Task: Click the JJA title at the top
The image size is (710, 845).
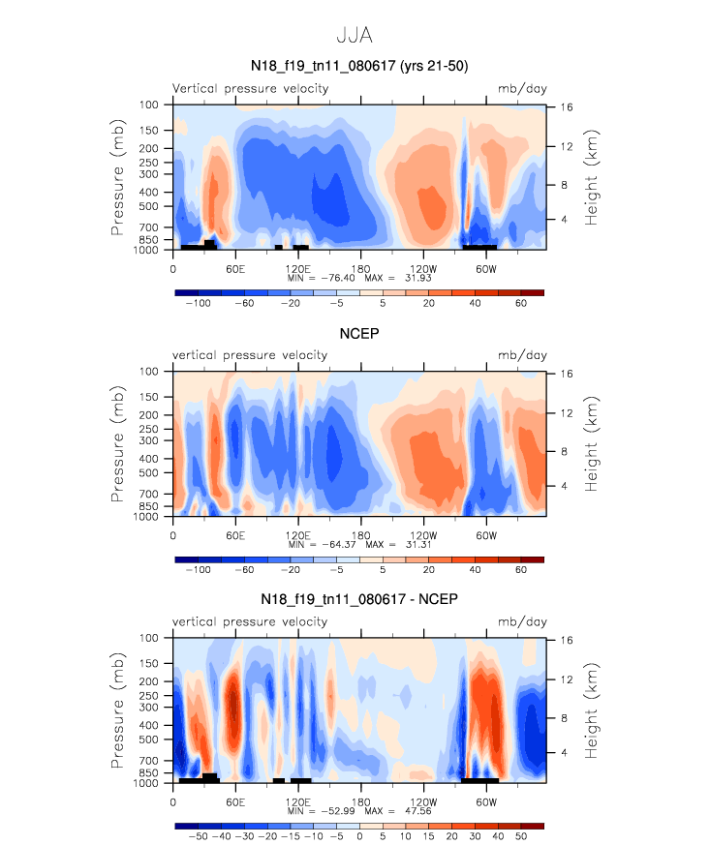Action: (355, 35)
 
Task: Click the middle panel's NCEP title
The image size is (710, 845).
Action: (357, 334)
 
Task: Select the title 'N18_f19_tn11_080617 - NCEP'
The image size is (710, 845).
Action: (359, 600)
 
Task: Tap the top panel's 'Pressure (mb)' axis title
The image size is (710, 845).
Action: (117, 175)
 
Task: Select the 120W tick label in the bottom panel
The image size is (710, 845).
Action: (423, 800)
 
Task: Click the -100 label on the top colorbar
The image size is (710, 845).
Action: (199, 303)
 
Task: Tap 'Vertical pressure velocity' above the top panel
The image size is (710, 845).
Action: (250, 89)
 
